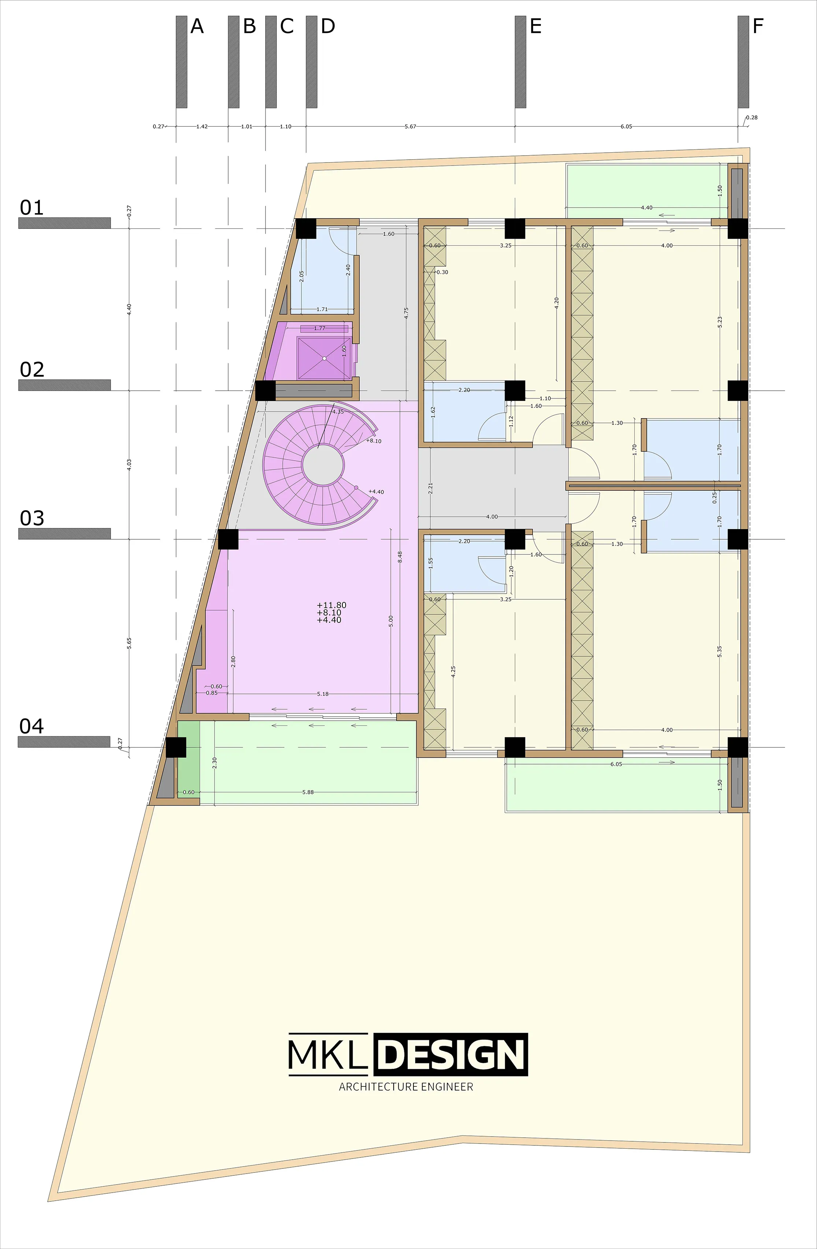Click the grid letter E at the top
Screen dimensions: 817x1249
(x=535, y=26)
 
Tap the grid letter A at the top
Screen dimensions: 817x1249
(x=197, y=26)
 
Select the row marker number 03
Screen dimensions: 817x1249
(x=32, y=518)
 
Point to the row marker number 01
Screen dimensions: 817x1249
(x=32, y=208)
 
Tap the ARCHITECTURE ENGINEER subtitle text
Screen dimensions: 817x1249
(x=406, y=1086)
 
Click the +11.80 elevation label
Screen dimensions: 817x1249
(x=332, y=605)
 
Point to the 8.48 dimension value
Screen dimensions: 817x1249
(x=400, y=557)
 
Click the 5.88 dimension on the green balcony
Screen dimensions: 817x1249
(x=308, y=792)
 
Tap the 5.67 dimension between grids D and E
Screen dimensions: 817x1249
(x=411, y=126)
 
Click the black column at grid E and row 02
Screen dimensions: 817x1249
(x=515, y=390)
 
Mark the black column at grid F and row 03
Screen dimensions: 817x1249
(x=738, y=539)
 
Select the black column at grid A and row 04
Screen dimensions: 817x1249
(x=176, y=747)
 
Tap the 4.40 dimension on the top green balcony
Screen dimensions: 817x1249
(x=646, y=208)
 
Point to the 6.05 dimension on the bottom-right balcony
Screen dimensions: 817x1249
(x=616, y=764)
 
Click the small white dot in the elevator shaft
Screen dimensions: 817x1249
(x=324, y=358)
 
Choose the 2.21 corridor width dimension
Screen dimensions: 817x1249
(x=431, y=488)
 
